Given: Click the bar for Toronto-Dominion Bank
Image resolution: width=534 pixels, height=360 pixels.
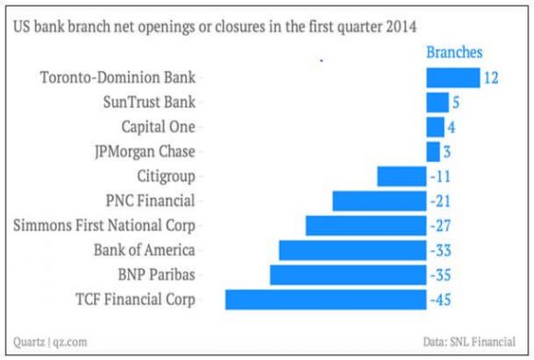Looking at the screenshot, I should click(453, 77).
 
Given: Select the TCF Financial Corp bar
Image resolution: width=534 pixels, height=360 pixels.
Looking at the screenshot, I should click(325, 299).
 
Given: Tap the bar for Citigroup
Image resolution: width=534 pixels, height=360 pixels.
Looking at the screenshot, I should click(401, 176).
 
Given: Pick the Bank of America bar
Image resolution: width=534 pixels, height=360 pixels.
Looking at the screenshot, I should click(352, 250).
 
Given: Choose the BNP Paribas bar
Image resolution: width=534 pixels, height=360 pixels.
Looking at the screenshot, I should click(347, 274).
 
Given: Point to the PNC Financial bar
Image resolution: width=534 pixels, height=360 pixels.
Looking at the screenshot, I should click(378, 201).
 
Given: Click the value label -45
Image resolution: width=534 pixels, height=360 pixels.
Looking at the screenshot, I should click(441, 299).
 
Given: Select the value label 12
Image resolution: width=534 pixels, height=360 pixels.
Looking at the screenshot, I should click(491, 77).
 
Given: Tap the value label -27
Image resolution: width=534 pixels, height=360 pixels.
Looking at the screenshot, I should click(441, 226).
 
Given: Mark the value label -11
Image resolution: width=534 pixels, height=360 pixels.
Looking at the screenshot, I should click(441, 176).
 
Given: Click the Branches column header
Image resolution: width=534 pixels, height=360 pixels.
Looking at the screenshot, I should click(459, 52).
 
